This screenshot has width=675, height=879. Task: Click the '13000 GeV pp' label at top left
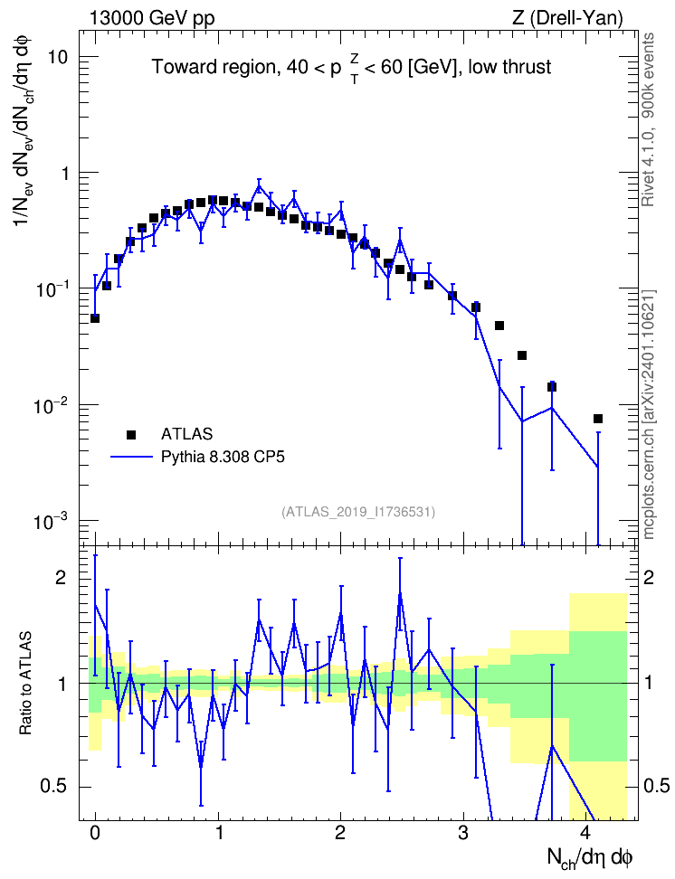point(151,18)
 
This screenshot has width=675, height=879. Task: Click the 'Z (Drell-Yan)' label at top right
point(567,18)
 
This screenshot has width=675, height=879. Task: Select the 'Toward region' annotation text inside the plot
point(214,67)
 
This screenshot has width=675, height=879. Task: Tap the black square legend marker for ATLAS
point(131,434)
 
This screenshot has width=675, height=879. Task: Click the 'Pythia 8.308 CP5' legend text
point(223,457)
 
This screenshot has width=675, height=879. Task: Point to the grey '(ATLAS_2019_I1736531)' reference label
point(358,511)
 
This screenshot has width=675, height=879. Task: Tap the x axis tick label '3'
point(463,832)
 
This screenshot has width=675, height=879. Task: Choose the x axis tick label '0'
point(95,832)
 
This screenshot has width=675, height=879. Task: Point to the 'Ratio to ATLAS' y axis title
point(25,683)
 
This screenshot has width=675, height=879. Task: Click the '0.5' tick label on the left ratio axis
point(54,787)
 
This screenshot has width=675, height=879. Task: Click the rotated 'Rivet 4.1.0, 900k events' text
point(648,120)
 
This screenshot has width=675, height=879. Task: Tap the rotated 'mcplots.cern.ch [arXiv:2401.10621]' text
point(649,415)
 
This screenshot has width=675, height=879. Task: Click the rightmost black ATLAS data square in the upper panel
point(598,419)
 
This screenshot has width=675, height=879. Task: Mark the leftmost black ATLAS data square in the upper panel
point(95,318)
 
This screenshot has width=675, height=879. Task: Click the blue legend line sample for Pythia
point(131,457)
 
